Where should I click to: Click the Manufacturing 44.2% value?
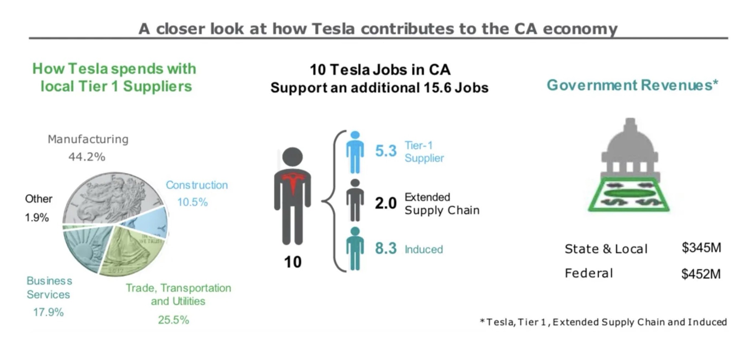pyautogui.click(x=87, y=156)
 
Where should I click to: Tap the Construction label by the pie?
pyautogui.click(x=197, y=185)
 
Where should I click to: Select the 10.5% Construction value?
pyautogui.click(x=192, y=202)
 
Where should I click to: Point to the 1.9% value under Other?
pyautogui.click(x=37, y=217)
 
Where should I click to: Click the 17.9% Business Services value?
pyautogui.click(x=48, y=312)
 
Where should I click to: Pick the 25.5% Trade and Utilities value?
pyautogui.click(x=173, y=320)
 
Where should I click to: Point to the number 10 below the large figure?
pyautogui.click(x=293, y=262)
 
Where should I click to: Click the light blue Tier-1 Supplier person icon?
pyautogui.click(x=355, y=152)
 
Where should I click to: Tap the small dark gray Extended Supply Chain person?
pyautogui.click(x=355, y=200)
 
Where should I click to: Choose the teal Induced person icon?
pyautogui.click(x=355, y=248)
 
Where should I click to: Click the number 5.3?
pyautogui.click(x=386, y=151)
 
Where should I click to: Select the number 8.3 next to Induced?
pyautogui.click(x=386, y=248)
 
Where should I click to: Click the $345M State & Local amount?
pyautogui.click(x=701, y=247)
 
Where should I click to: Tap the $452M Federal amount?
pyautogui.click(x=701, y=274)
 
